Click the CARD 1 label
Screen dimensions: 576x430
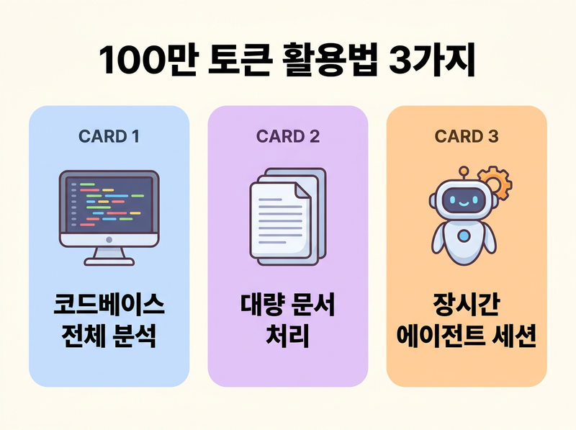108,135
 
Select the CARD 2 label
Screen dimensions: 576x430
287,135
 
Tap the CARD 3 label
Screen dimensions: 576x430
467,135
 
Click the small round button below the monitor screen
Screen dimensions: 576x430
108,238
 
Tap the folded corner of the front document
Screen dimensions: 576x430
306,189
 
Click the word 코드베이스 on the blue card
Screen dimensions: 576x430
108,305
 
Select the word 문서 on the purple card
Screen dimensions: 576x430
314,305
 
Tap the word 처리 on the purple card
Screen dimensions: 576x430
287,335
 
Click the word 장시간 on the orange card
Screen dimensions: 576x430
467,305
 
